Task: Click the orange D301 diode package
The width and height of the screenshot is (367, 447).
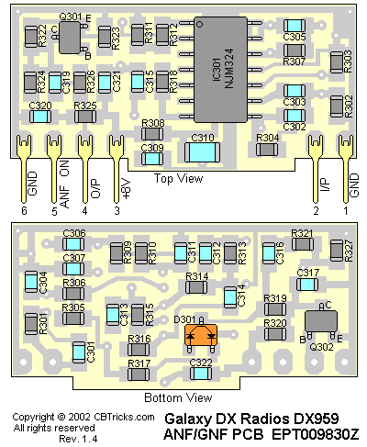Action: (201, 335)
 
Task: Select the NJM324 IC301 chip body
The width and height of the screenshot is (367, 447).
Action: (220, 70)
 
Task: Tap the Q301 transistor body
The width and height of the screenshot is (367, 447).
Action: (70, 38)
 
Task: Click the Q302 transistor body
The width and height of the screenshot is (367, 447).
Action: (321, 320)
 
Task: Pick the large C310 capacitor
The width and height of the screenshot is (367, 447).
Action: (202, 152)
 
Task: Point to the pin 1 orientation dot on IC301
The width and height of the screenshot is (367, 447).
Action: (199, 24)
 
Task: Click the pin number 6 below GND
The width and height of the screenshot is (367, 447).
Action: (24, 210)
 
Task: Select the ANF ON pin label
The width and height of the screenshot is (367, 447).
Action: (64, 184)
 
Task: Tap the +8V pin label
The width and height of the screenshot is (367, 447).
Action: (126, 188)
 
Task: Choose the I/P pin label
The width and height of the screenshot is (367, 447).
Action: (326, 184)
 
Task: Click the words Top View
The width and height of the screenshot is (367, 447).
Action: (178, 178)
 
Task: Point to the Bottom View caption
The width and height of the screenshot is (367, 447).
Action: (178, 397)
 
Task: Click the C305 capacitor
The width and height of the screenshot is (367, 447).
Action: (295, 26)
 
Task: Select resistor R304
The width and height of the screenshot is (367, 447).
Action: (267, 150)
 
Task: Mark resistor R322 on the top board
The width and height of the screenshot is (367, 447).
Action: (31, 37)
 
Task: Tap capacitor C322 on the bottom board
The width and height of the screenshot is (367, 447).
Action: (201, 374)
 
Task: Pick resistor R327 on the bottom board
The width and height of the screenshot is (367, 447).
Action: (337, 251)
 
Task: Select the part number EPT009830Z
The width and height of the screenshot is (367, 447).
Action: (315, 434)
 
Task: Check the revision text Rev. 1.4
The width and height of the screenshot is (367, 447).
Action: (78, 439)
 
